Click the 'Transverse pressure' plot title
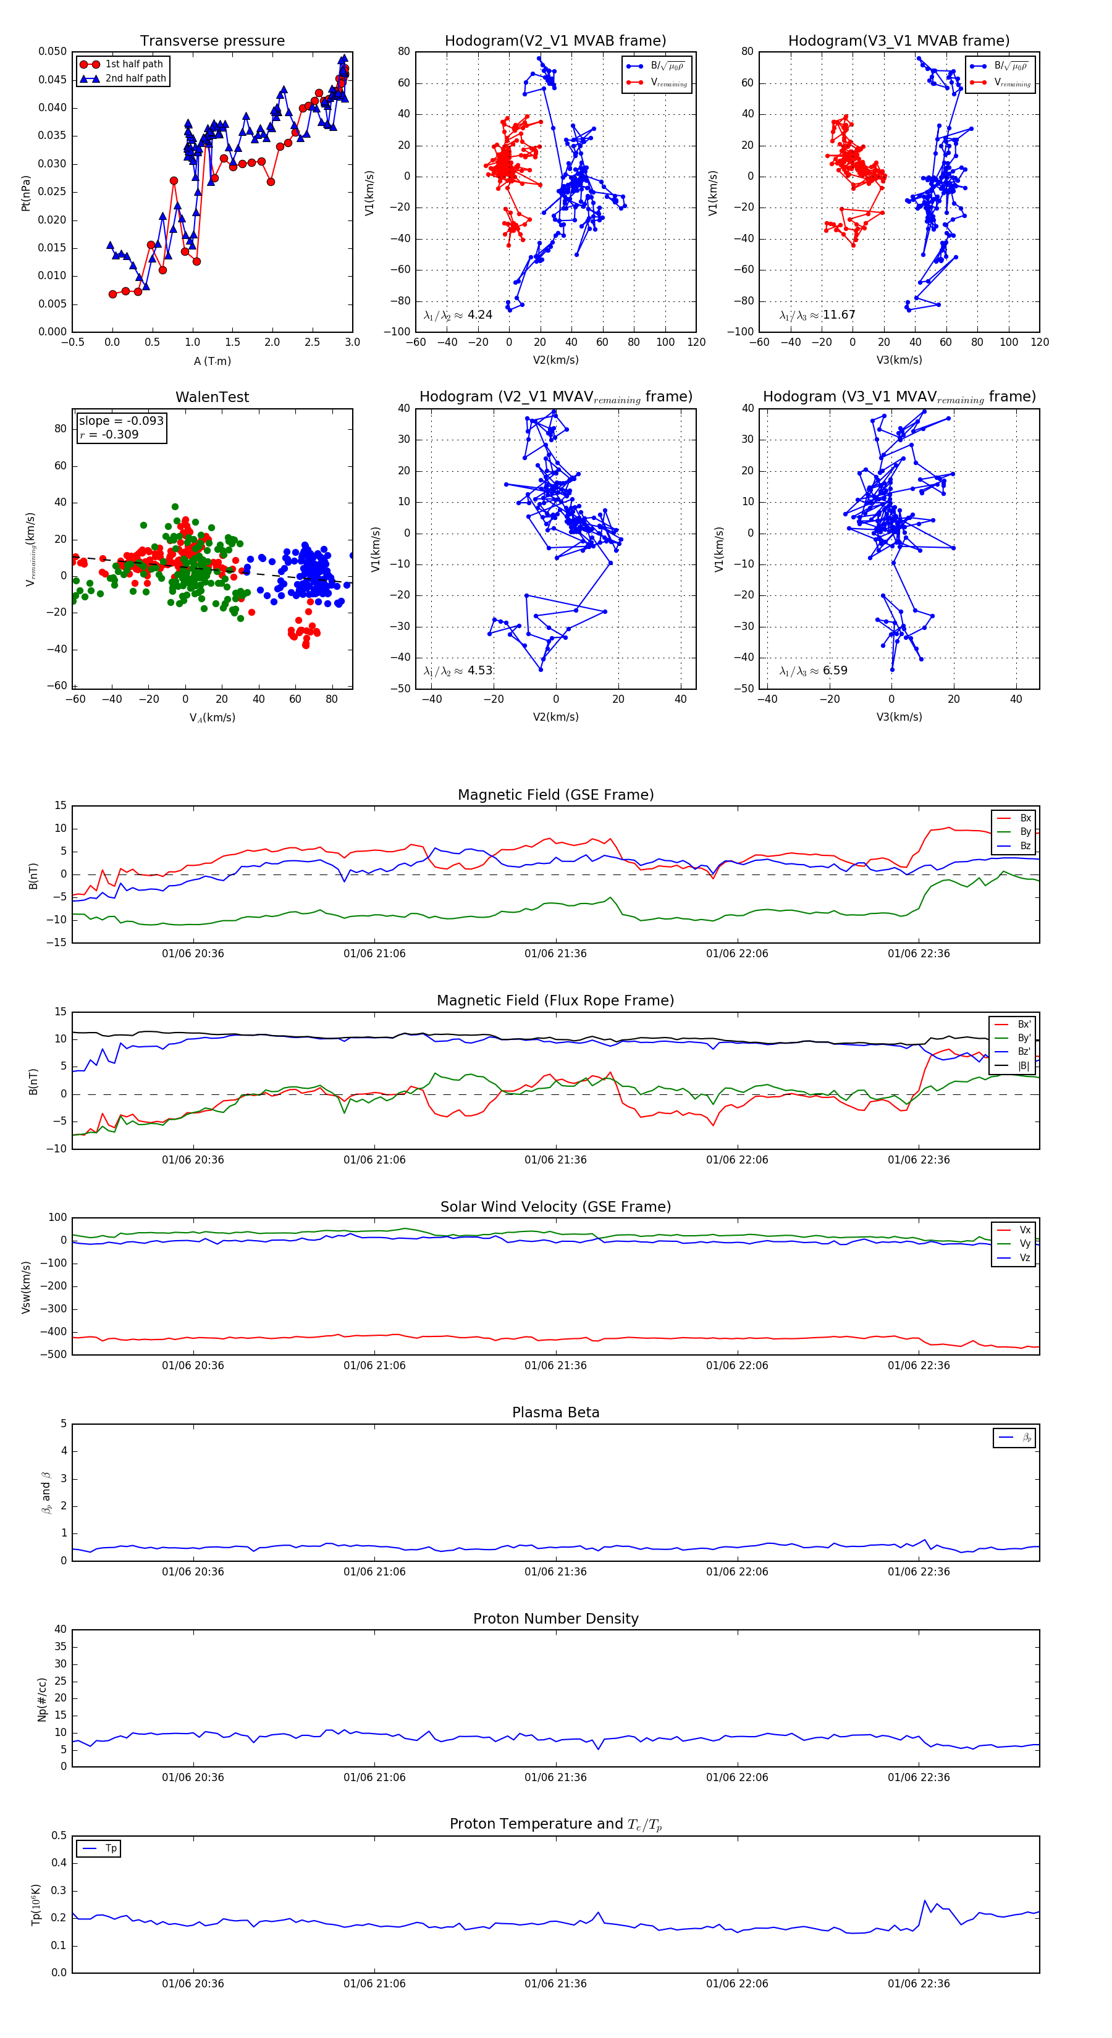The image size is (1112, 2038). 212,41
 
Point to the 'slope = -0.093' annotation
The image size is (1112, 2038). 121,421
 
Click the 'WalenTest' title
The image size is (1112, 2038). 212,397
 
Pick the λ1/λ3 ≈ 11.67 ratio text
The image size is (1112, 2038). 817,315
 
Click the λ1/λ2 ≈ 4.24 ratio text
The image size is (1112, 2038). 457,315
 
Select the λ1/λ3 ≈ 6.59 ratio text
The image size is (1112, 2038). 813,671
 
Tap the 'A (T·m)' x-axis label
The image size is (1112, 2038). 212,361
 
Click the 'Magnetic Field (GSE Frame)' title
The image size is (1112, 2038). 555,795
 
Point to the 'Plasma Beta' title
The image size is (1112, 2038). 555,1413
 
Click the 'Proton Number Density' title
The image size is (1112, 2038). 555,1619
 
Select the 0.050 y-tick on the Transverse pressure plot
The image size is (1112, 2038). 53,51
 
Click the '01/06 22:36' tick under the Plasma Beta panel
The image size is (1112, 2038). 918,1572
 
